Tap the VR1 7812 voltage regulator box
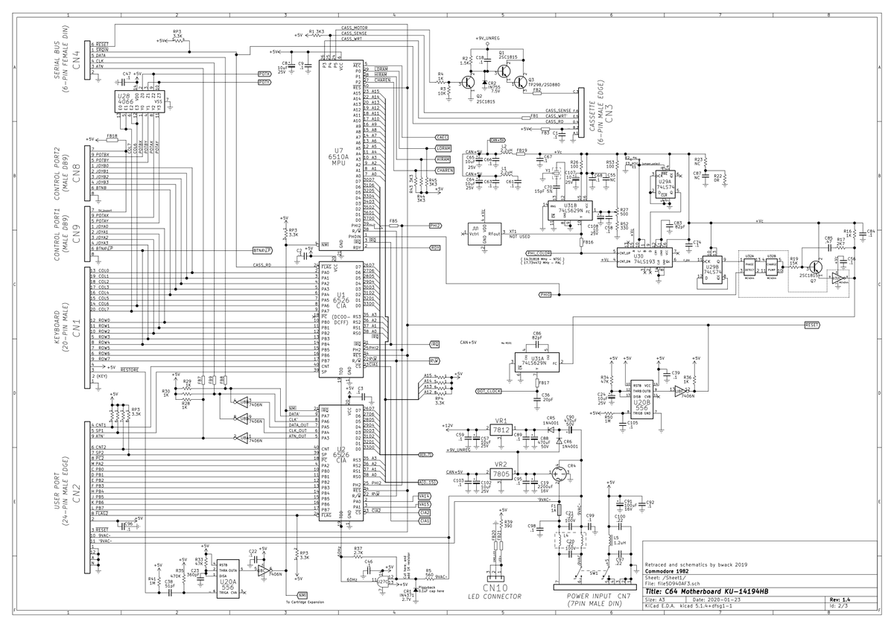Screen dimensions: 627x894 501,430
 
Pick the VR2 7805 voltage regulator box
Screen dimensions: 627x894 501,474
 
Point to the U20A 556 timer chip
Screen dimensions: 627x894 229,582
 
